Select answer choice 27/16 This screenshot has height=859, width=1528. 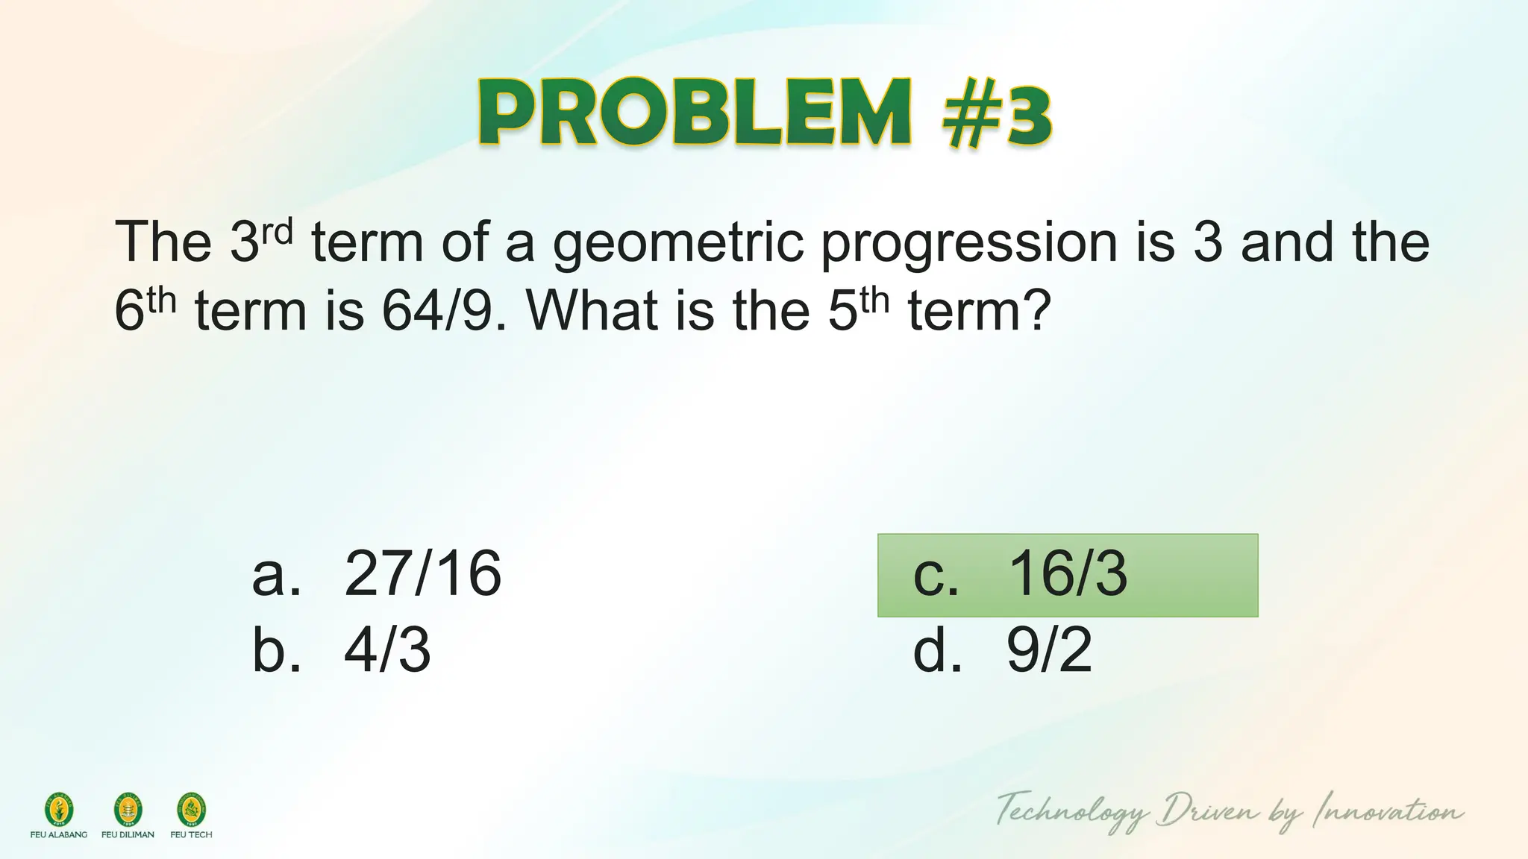422,574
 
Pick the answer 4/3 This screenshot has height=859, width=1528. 387,650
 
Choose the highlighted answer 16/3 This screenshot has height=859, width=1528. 1068,575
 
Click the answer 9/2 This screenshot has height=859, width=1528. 1049,650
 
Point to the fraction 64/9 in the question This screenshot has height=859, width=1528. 437,311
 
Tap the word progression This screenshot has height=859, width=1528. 968,243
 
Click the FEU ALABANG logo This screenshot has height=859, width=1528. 59,811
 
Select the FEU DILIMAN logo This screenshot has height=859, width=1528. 128,811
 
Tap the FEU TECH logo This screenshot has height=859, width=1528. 191,811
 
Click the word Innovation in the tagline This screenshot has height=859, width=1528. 1388,811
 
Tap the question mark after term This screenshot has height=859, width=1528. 1037,311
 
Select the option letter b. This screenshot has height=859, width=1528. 276,650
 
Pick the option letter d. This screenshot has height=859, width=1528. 936,650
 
